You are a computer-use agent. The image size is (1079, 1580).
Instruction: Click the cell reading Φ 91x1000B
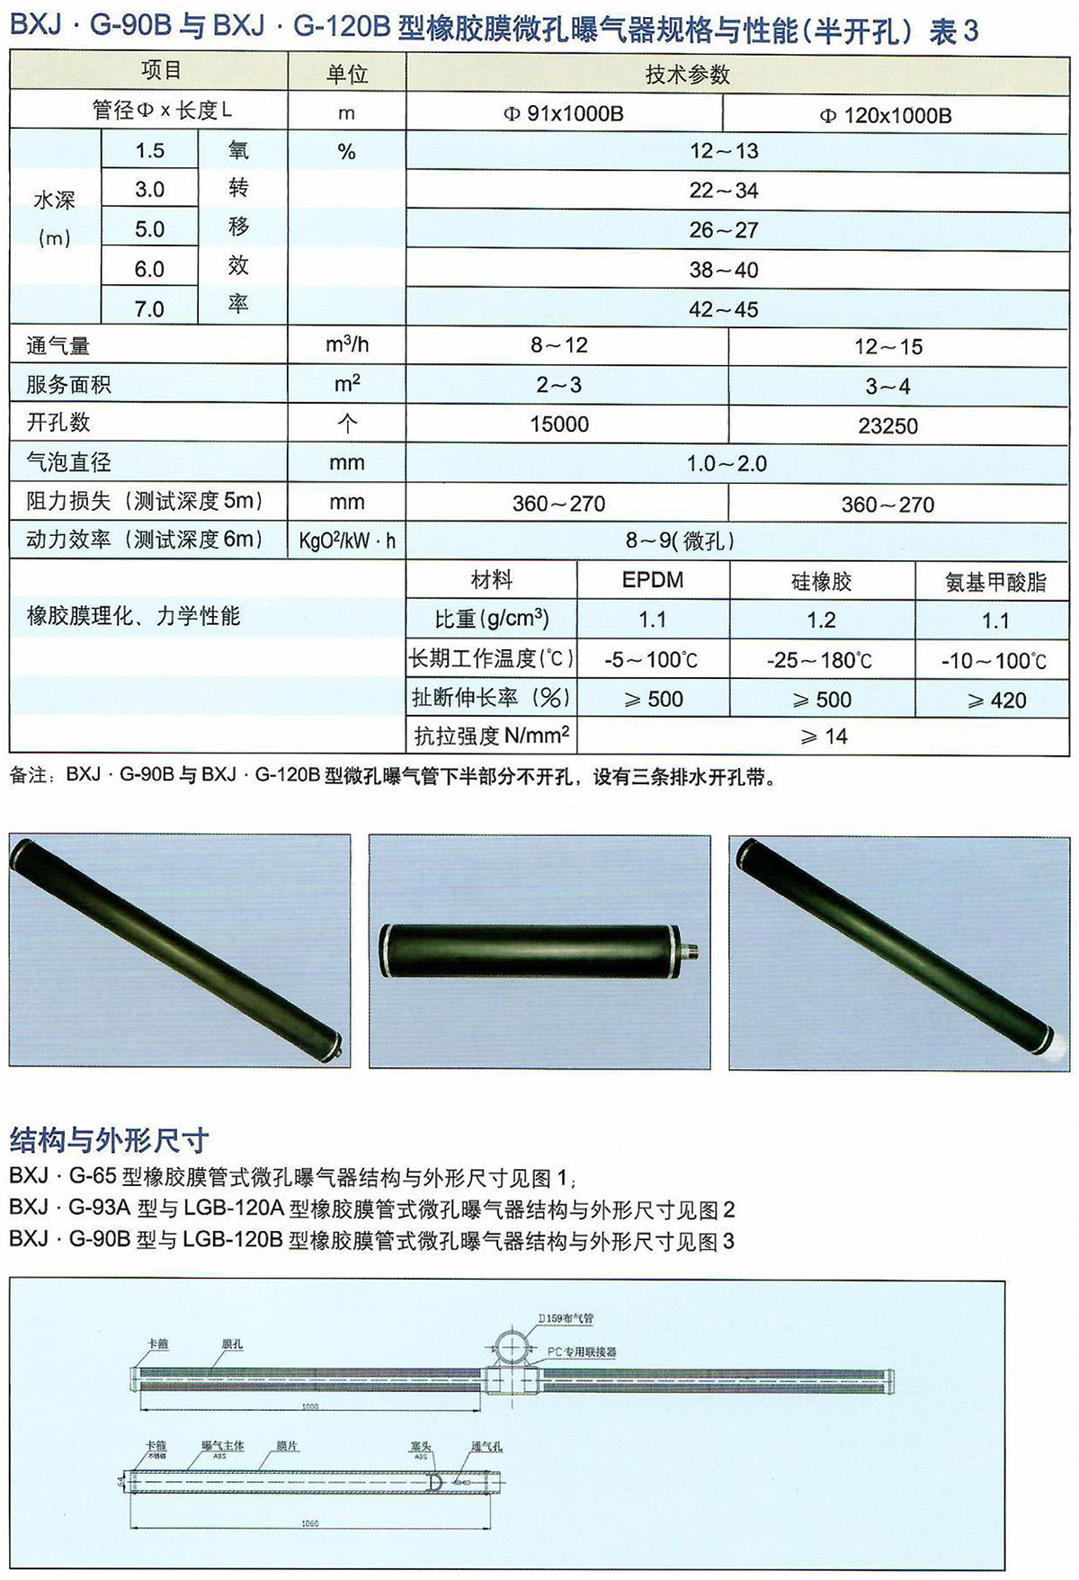(x=563, y=114)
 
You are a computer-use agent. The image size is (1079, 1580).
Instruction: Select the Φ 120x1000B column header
(x=886, y=115)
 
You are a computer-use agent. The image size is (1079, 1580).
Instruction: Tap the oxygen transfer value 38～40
(x=724, y=270)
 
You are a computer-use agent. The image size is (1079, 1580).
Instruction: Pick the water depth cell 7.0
(x=149, y=309)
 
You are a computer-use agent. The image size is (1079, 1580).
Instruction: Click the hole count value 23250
(x=887, y=425)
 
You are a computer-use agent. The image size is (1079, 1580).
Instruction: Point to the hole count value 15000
(x=559, y=424)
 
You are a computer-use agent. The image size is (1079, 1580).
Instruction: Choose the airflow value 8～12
(x=559, y=345)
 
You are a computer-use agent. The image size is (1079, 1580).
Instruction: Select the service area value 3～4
(x=887, y=386)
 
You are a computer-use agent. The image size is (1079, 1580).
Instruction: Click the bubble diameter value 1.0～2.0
(x=727, y=463)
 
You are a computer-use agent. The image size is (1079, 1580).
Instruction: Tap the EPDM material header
(x=653, y=580)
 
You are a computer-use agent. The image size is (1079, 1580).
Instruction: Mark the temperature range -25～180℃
(x=820, y=660)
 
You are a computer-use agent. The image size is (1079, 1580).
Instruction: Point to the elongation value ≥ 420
(x=996, y=700)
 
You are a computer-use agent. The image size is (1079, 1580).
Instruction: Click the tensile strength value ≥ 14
(x=823, y=736)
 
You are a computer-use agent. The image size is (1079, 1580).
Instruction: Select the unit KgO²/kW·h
(x=347, y=540)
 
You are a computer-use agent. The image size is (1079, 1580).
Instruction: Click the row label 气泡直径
(x=69, y=462)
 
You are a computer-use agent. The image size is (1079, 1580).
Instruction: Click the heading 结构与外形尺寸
(x=109, y=1140)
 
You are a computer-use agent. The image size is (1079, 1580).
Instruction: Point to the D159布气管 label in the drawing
(x=566, y=1318)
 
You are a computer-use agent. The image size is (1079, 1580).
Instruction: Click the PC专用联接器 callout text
(x=582, y=1352)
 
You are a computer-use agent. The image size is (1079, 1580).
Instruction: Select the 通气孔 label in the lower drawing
(x=486, y=1447)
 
